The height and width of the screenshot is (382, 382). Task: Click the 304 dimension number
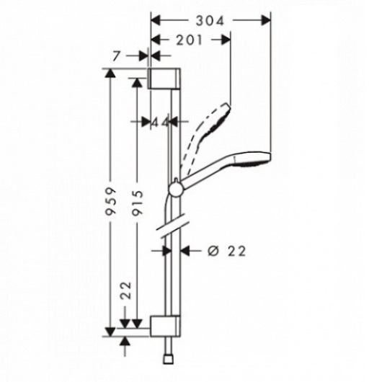210,21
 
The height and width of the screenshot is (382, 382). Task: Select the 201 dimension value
190,40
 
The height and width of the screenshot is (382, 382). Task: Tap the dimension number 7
117,56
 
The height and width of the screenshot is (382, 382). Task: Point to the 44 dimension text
160,122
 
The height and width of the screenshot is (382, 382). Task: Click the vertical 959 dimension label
110,201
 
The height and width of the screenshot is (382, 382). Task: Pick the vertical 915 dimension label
137,203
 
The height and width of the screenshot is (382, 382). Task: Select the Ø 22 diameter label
226,251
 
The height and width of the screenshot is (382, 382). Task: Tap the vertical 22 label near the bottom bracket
126,290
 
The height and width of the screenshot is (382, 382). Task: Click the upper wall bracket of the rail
164,79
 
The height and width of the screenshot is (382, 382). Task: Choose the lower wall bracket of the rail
165,327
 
